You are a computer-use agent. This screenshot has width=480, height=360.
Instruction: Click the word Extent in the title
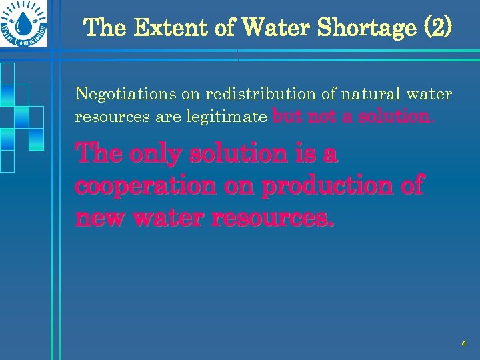point(159,28)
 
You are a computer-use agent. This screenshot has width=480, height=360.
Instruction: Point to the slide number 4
point(463,343)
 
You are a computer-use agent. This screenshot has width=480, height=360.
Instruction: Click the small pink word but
point(288,117)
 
